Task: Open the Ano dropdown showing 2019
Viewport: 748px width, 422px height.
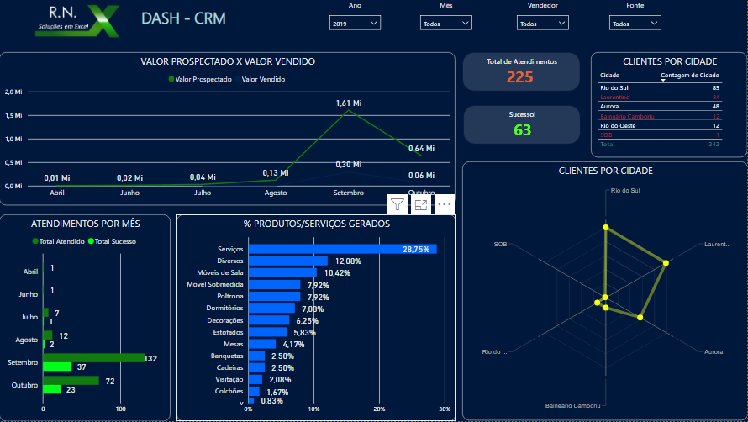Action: click(x=355, y=24)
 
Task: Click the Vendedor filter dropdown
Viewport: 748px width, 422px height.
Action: click(x=540, y=24)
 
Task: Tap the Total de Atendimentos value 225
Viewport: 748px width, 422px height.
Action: click(x=519, y=77)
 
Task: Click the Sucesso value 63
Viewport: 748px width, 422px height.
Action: click(x=522, y=129)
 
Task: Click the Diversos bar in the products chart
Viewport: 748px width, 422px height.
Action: click(x=288, y=261)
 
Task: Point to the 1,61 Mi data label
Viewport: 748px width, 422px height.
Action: click(x=348, y=103)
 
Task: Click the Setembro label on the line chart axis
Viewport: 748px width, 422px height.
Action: click(x=348, y=193)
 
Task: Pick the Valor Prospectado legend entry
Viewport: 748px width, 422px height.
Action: click(x=201, y=80)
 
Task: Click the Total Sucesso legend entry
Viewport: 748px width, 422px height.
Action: click(x=115, y=241)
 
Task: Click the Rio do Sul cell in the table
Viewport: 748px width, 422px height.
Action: click(x=614, y=87)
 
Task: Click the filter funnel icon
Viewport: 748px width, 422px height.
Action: click(x=398, y=204)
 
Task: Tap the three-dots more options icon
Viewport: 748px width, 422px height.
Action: click(x=445, y=204)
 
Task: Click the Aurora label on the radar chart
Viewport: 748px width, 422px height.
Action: click(x=713, y=351)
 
